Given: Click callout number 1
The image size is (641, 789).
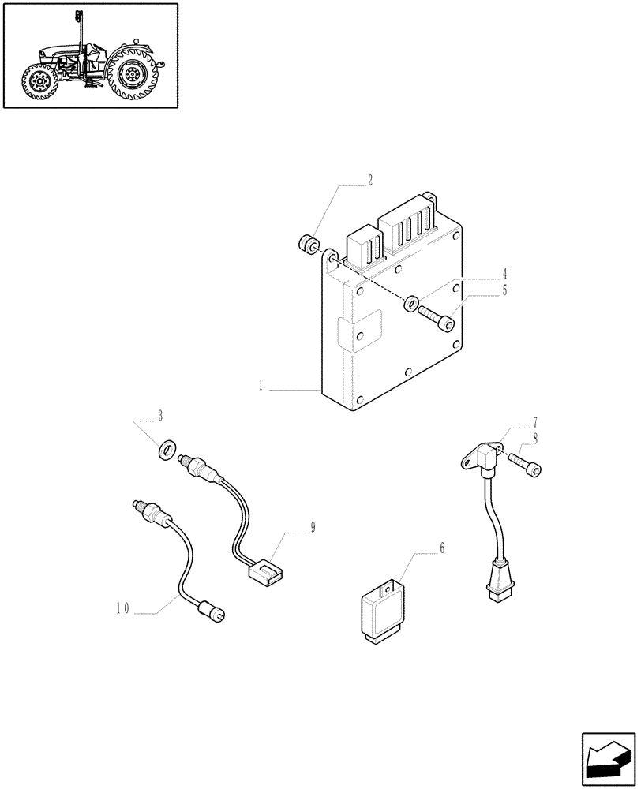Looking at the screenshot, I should pos(259,387).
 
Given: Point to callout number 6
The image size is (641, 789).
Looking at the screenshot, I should pos(441,548).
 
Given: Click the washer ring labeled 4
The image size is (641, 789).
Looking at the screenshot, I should pos(411,304).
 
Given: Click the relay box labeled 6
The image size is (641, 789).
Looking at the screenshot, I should pos(385,609).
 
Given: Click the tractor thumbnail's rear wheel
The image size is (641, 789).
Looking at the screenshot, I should pos(132,74).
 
